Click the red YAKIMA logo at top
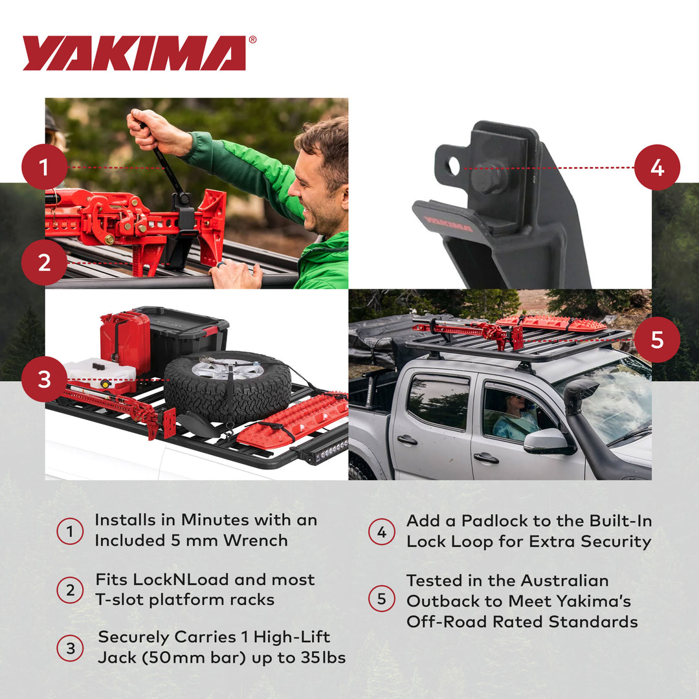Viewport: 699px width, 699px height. [135, 53]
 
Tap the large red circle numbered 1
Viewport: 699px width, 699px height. [44, 167]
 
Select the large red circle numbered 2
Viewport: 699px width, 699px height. [44, 263]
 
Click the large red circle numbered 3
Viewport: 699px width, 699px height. [44, 379]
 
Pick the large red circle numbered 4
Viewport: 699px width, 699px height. [657, 167]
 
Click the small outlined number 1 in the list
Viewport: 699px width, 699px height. [70, 531]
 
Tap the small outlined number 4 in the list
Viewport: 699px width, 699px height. [382, 532]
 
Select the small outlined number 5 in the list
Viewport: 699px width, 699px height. [382, 599]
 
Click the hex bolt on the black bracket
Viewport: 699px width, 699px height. [490, 176]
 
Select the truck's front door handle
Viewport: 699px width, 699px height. [485, 458]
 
